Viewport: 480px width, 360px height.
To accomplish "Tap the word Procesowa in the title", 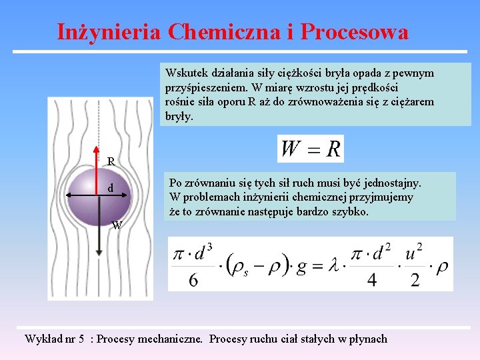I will pyautogui.click(x=354, y=32).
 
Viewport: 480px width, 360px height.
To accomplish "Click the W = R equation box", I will pyautogui.click(x=311, y=149).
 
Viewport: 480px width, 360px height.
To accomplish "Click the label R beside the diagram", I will pyautogui.click(x=111, y=161).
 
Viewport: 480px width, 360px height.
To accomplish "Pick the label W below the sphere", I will pyautogui.click(x=117, y=225).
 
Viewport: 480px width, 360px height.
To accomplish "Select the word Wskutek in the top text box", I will pyautogui.click(x=187, y=73).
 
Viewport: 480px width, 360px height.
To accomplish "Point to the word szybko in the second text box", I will pyautogui.click(x=351, y=212).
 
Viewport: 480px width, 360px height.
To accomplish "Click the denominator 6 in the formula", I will pyautogui.click(x=193, y=279).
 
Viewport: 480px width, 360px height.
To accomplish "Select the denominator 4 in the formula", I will pyautogui.click(x=372, y=280).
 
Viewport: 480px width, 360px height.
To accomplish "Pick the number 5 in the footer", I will pyautogui.click(x=81, y=339).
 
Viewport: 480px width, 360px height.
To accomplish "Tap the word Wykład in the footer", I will pyautogui.click(x=42, y=339).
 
